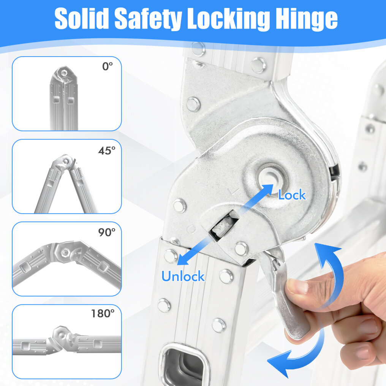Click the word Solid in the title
[81, 19]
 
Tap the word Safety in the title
[148, 20]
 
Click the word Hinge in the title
[307, 20]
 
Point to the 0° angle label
[108, 66]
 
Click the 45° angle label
[107, 150]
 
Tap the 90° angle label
[107, 232]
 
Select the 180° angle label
[103, 313]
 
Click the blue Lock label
[292, 195]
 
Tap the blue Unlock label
[183, 276]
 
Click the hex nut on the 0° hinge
[64, 73]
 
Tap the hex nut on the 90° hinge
[65, 252]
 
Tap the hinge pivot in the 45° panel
[66, 161]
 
